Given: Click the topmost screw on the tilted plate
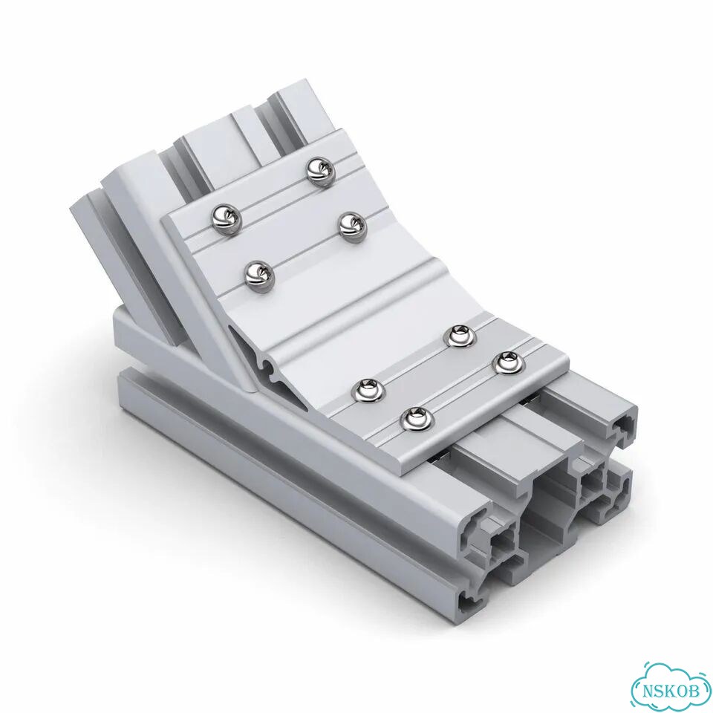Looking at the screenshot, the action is [x=321, y=171].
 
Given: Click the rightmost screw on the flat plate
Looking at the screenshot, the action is [x=509, y=363].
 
